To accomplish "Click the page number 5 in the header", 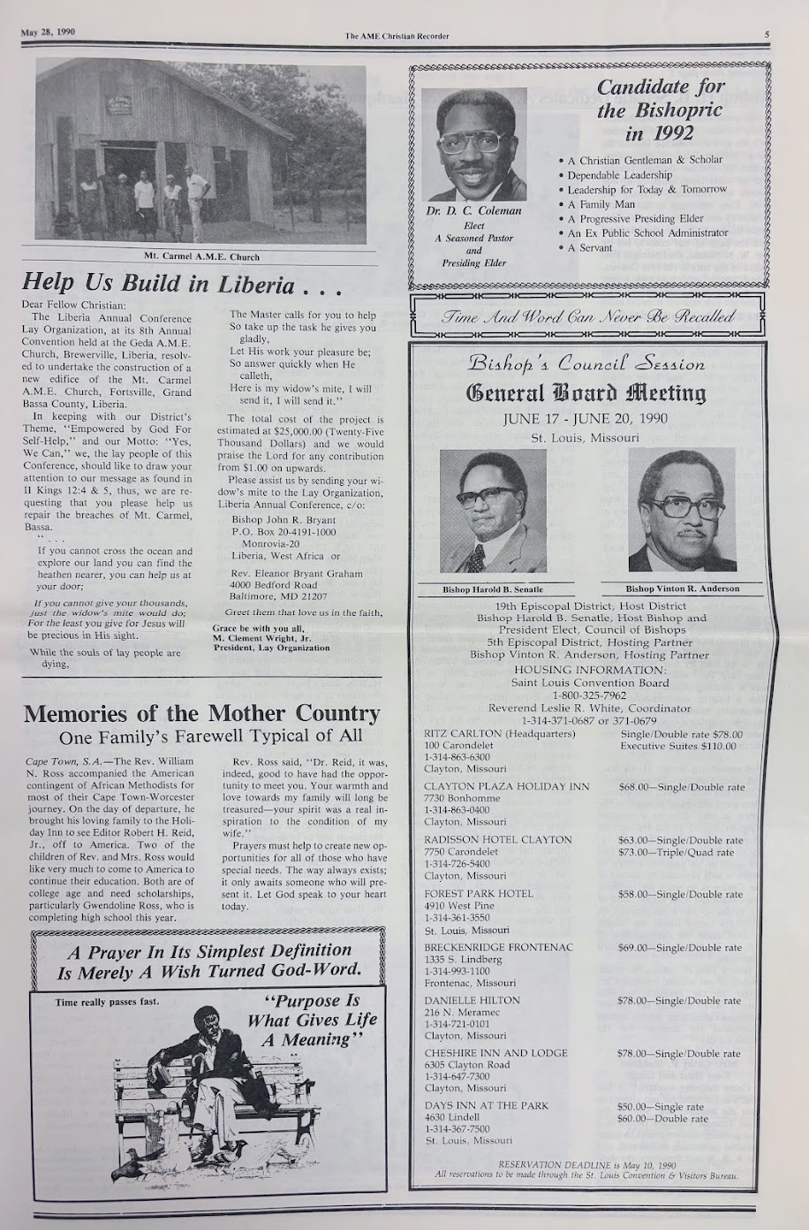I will (767, 35).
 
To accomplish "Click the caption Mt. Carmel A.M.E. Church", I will (202, 257).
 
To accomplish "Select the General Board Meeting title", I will (586, 392).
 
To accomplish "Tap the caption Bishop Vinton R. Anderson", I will (682, 588).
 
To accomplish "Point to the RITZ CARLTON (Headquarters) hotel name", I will (499, 733).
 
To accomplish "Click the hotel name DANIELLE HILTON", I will (473, 1000).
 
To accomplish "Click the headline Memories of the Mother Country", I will (201, 713).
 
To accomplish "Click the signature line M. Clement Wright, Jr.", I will (264, 638).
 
